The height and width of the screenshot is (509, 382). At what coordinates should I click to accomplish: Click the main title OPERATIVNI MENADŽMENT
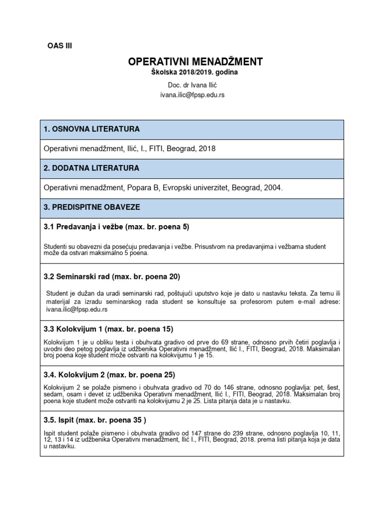[195, 62]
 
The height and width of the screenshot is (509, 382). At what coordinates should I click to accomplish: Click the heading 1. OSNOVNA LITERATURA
[92, 129]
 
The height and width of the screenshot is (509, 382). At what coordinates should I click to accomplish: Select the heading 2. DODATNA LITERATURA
[92, 169]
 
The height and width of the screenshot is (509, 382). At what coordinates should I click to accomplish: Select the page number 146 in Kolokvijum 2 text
[221, 387]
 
